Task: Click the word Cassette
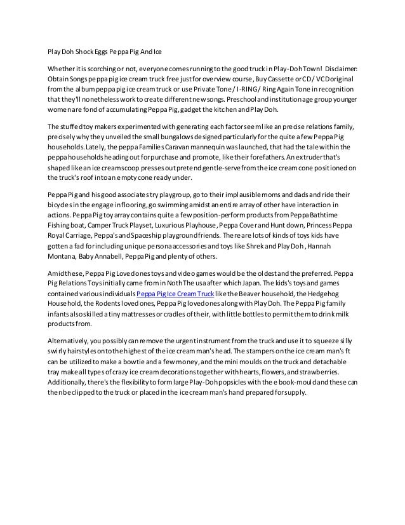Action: click(x=289, y=79)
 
